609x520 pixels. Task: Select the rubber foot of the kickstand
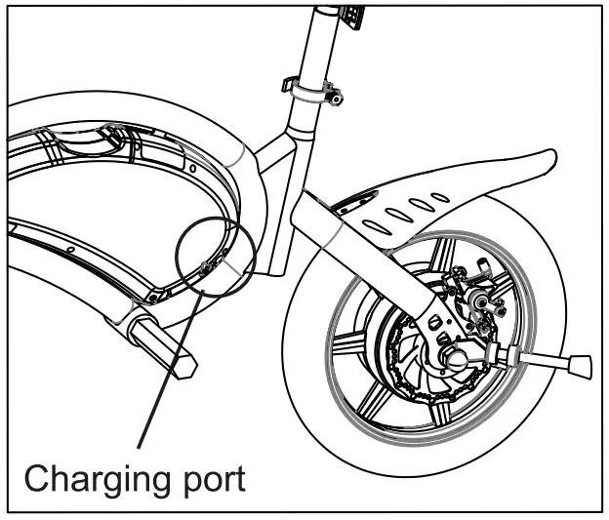(x=579, y=368)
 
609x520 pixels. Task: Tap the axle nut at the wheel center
(x=457, y=360)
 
